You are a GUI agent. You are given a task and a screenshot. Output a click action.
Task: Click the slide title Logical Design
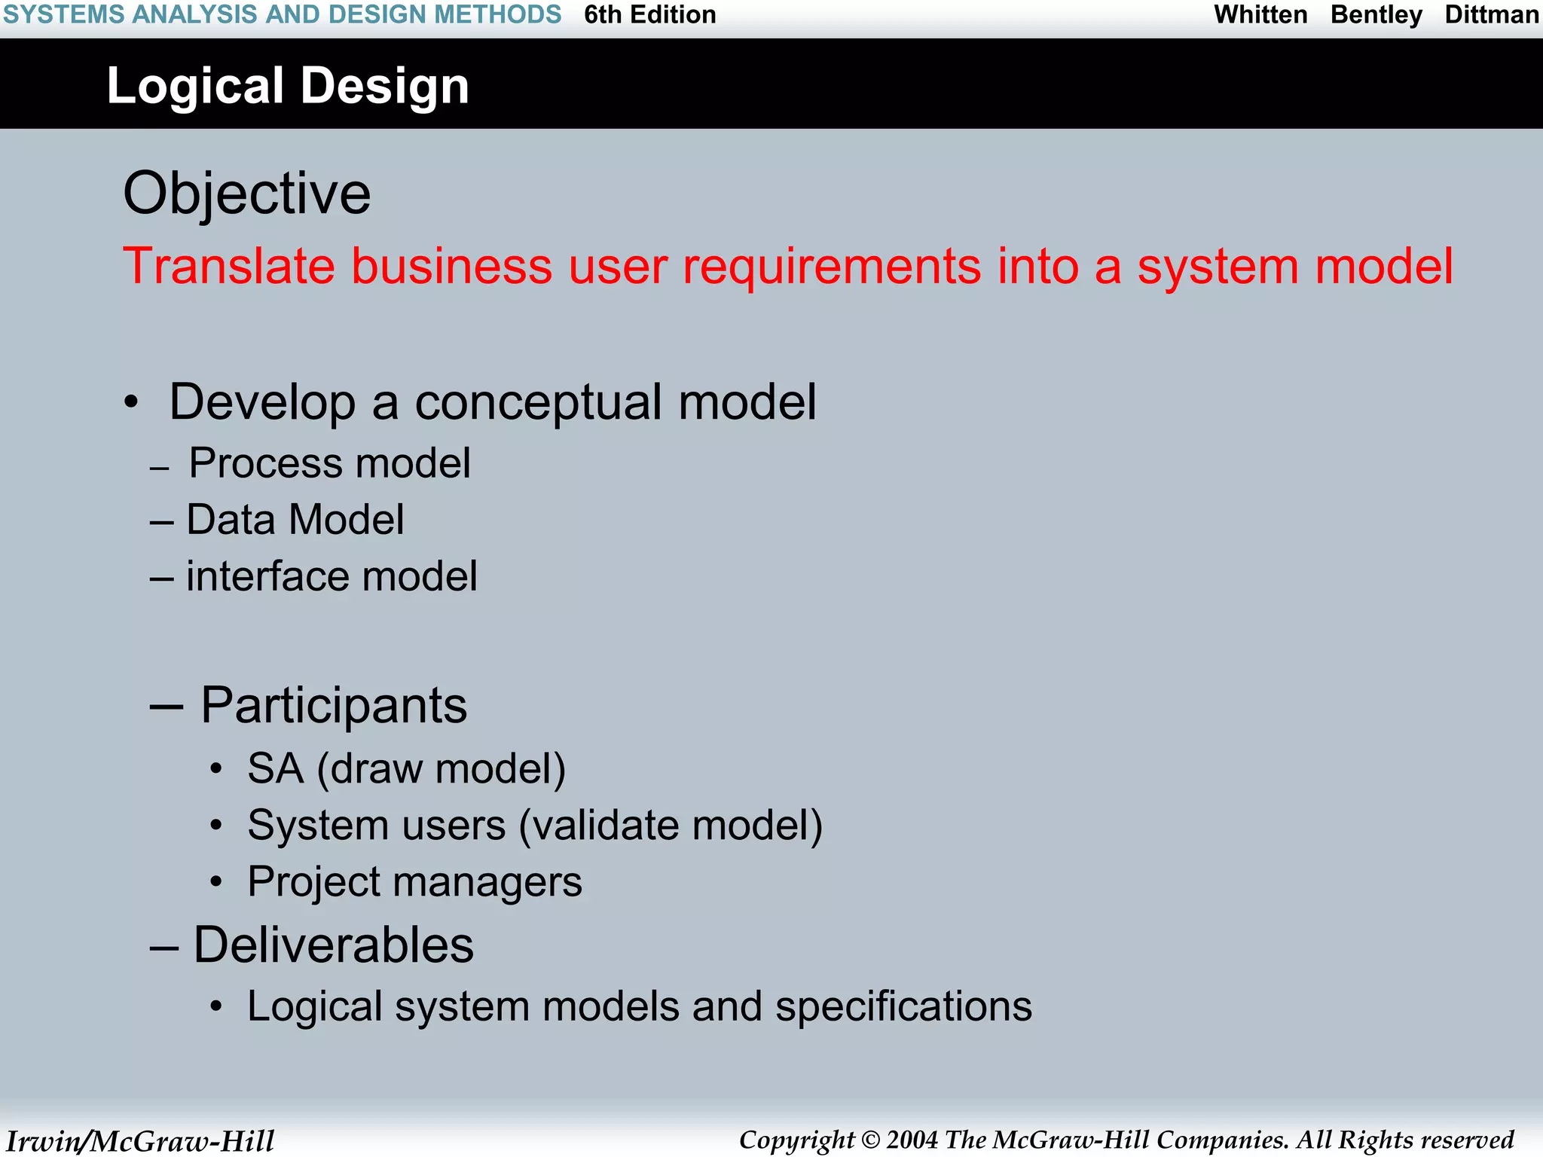pos(288,86)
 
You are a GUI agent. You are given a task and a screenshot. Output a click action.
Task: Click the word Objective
pos(247,194)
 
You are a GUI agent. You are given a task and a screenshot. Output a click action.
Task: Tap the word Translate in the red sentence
pos(229,266)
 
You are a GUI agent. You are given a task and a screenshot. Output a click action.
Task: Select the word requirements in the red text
pos(832,267)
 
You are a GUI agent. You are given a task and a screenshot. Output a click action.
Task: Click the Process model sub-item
pos(329,462)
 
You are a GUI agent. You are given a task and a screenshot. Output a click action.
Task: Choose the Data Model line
pos(295,520)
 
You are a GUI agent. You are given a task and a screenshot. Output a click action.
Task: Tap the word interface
pos(267,576)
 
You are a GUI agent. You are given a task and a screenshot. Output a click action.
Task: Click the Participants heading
pos(333,706)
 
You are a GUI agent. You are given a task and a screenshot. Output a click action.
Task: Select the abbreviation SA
pos(275,769)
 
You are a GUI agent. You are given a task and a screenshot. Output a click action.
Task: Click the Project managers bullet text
pos(414,882)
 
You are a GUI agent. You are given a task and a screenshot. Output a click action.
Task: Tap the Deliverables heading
pos(333,945)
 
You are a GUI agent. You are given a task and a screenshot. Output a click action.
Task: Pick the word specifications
pos(903,1007)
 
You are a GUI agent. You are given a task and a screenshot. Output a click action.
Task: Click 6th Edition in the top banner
pos(649,15)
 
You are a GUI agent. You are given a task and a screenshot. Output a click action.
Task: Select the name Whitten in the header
pos(1260,15)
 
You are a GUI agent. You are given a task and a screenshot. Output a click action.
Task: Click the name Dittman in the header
pos(1491,15)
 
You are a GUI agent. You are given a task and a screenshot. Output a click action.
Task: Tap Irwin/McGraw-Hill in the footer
pos(140,1140)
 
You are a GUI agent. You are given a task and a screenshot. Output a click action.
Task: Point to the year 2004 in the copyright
pos(912,1140)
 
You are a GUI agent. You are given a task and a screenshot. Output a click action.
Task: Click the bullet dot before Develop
pos(132,403)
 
